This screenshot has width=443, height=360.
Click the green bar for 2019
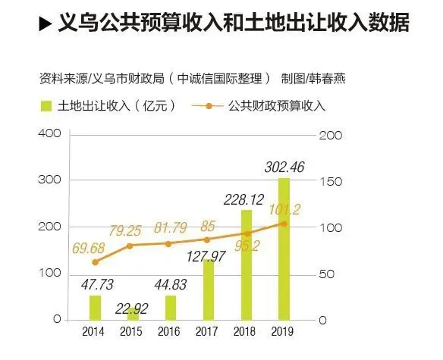[x=284, y=249]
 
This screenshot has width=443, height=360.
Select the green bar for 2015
[x=133, y=314]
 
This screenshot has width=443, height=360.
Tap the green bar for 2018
[x=246, y=265]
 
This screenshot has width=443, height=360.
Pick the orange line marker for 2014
[x=96, y=262]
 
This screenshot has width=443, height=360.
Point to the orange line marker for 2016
[x=168, y=244]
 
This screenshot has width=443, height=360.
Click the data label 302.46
[x=284, y=167]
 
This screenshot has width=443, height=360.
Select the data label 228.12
[x=243, y=199]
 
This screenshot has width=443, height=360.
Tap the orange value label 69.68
[x=89, y=248]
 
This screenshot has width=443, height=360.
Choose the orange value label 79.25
[x=124, y=230]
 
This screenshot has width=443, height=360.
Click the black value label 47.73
[x=97, y=284]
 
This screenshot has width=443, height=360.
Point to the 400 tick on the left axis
[x=49, y=133]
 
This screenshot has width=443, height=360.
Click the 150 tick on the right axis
[x=331, y=182]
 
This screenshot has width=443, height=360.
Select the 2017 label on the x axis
[x=206, y=331]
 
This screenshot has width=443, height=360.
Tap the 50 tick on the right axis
[x=326, y=274]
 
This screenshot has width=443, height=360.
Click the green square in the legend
[x=46, y=106]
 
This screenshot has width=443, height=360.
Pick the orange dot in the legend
[x=209, y=106]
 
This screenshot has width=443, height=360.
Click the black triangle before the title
[x=46, y=23]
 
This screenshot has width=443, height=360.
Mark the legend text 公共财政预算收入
[x=277, y=106]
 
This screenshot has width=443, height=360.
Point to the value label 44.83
[x=171, y=284]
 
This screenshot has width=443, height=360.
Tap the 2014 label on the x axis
[x=93, y=331]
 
